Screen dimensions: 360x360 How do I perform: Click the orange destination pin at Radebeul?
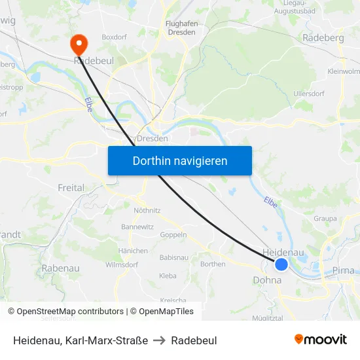(x=79, y=44)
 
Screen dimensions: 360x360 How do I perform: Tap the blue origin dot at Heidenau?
(x=281, y=264)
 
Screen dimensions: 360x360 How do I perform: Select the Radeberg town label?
(x=323, y=38)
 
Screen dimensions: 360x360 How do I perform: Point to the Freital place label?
(x=71, y=188)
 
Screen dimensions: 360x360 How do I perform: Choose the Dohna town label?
(x=266, y=280)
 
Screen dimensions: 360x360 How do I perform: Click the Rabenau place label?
(x=60, y=268)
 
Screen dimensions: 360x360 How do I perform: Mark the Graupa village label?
(x=325, y=219)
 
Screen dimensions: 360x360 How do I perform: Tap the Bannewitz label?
(x=137, y=226)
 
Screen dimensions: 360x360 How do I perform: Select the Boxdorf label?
(x=115, y=37)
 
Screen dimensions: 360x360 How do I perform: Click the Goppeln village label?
(x=173, y=234)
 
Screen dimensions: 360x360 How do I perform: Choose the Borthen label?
(x=213, y=264)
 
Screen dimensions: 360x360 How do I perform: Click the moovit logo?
(x=321, y=339)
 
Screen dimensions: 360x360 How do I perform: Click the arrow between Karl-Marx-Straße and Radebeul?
(x=160, y=340)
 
